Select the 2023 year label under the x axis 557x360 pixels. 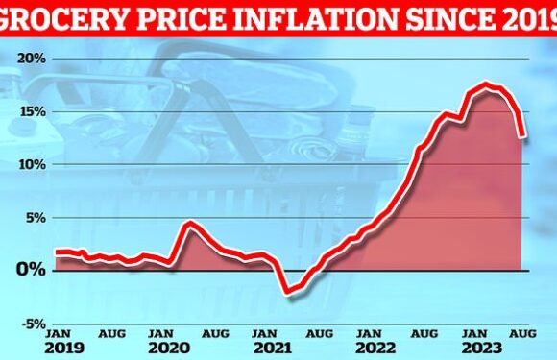[482, 348]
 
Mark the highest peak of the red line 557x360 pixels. [489, 86]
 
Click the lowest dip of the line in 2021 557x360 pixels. [287, 291]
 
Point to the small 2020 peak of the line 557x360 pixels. [190, 225]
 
